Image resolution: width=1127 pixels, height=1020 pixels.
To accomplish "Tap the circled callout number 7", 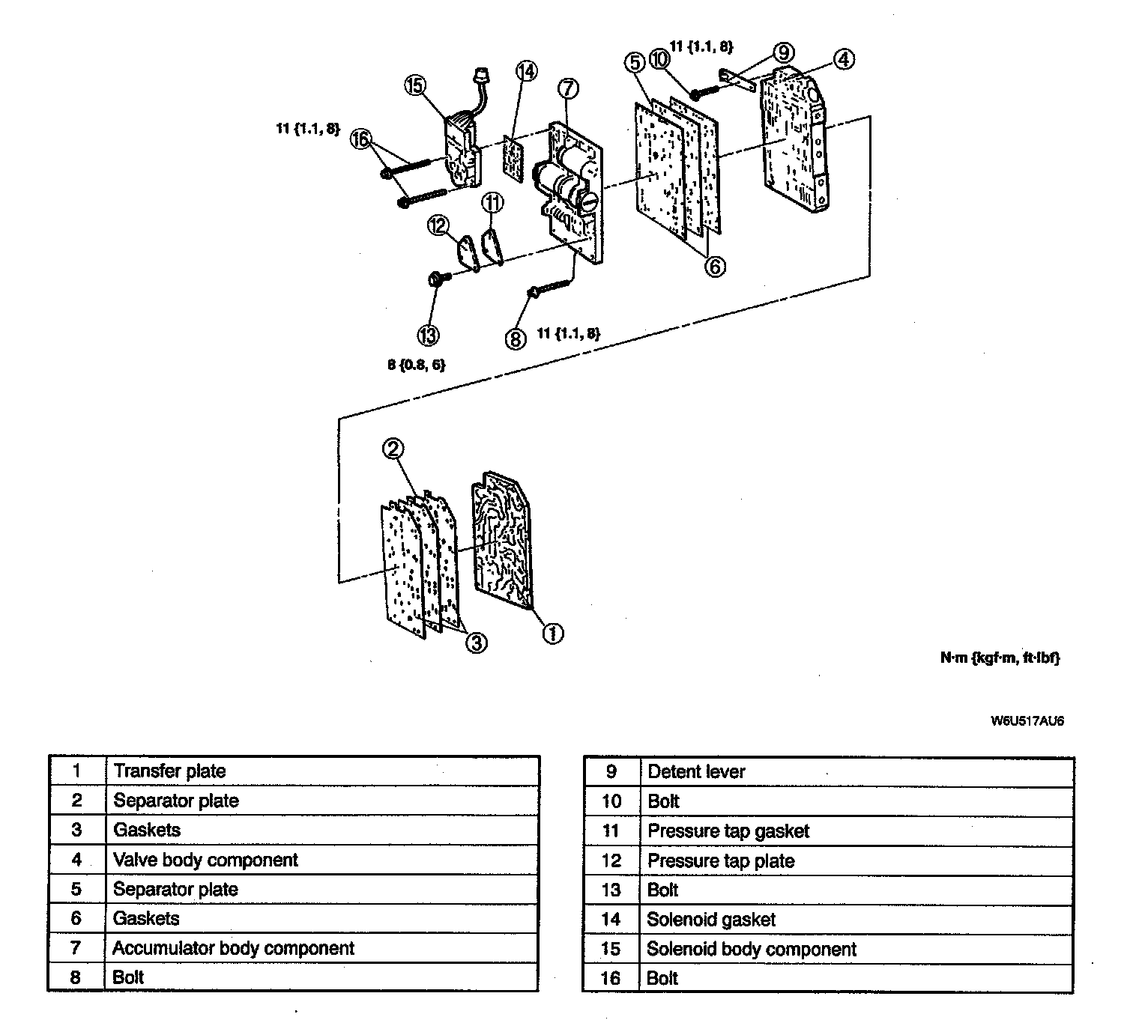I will (x=568, y=88).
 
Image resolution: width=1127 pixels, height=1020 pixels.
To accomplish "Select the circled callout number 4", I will (x=844, y=59).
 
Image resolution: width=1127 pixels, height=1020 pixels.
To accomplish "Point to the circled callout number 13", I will (x=428, y=336).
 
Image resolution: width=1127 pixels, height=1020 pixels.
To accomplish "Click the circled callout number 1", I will (x=552, y=634).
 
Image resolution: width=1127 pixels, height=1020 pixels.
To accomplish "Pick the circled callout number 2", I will (x=393, y=449).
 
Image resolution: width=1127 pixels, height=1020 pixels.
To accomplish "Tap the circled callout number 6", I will (x=716, y=266).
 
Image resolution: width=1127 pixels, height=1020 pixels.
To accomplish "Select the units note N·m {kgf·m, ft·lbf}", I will (x=1000, y=658).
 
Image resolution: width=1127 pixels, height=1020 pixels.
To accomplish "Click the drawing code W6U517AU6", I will (x=1027, y=721).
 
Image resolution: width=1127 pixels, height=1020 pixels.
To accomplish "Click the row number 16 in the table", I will (x=611, y=978).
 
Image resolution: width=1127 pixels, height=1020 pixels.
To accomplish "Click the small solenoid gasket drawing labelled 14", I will (x=513, y=157).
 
